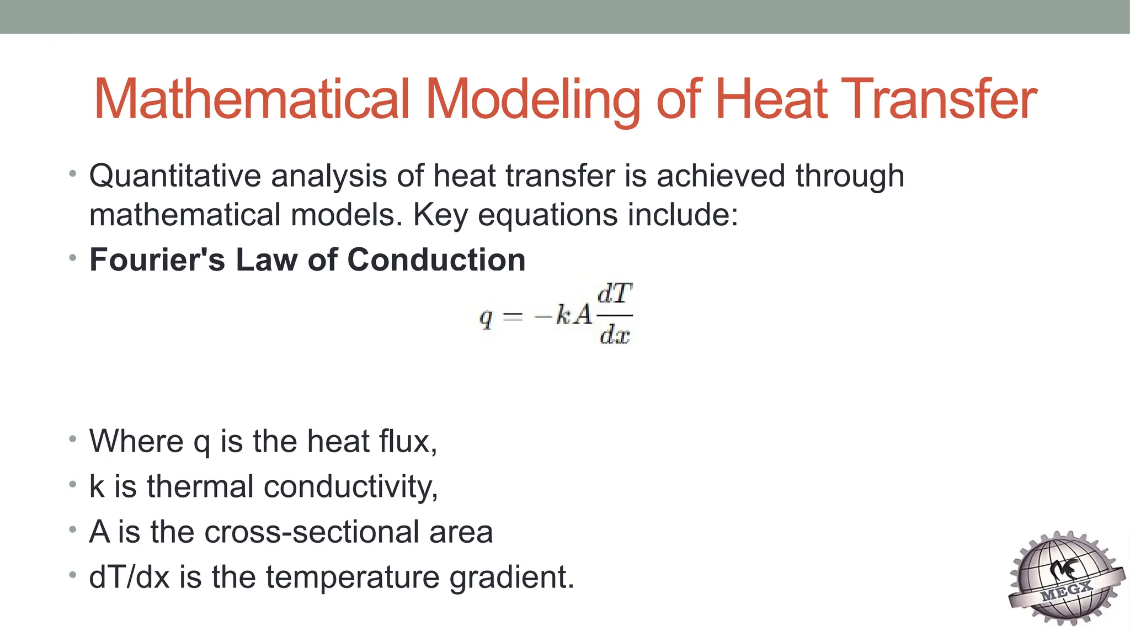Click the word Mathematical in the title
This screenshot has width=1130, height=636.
pos(252,99)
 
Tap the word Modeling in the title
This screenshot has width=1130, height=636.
pos(532,99)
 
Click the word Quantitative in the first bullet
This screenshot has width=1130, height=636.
pos(175,177)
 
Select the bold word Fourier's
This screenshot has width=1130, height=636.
pos(157,259)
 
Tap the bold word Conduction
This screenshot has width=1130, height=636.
pos(436,259)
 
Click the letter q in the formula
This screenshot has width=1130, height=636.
pos(486,317)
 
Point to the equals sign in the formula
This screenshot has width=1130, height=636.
pos(513,316)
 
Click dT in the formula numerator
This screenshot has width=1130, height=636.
pos(615,294)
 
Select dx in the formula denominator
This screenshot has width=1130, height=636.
pos(615,334)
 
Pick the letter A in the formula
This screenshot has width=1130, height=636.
pos(582,315)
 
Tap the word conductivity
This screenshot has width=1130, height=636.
pos(351,487)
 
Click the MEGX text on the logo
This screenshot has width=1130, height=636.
pos(1067,590)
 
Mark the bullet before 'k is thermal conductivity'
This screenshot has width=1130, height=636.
pos(73,485)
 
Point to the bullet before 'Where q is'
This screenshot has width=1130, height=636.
pos(73,439)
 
